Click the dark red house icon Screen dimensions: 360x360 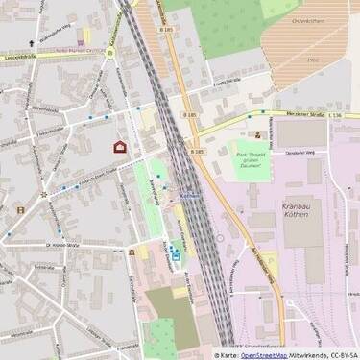120,147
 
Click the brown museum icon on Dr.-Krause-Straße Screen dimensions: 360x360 132,252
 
